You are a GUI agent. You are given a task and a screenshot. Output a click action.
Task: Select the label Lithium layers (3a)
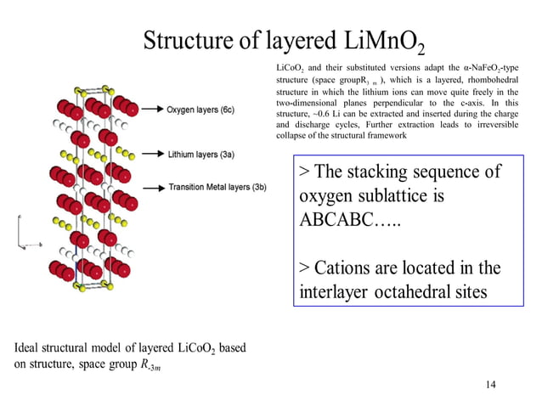pos(200,154)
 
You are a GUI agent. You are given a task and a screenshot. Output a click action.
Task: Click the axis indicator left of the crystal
pos(22,234)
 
